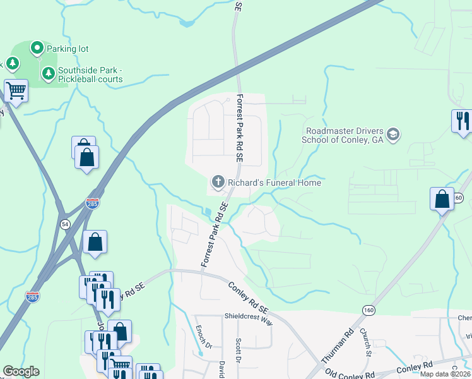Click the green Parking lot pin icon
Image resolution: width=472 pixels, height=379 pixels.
point(37,48)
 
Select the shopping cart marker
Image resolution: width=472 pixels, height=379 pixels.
point(16,90)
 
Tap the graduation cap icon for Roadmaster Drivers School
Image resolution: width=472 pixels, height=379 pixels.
point(393,134)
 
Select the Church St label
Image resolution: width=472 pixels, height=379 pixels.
point(365,342)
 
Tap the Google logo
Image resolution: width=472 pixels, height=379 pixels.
point(21,371)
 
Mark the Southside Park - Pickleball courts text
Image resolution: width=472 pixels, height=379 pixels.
point(90,75)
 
